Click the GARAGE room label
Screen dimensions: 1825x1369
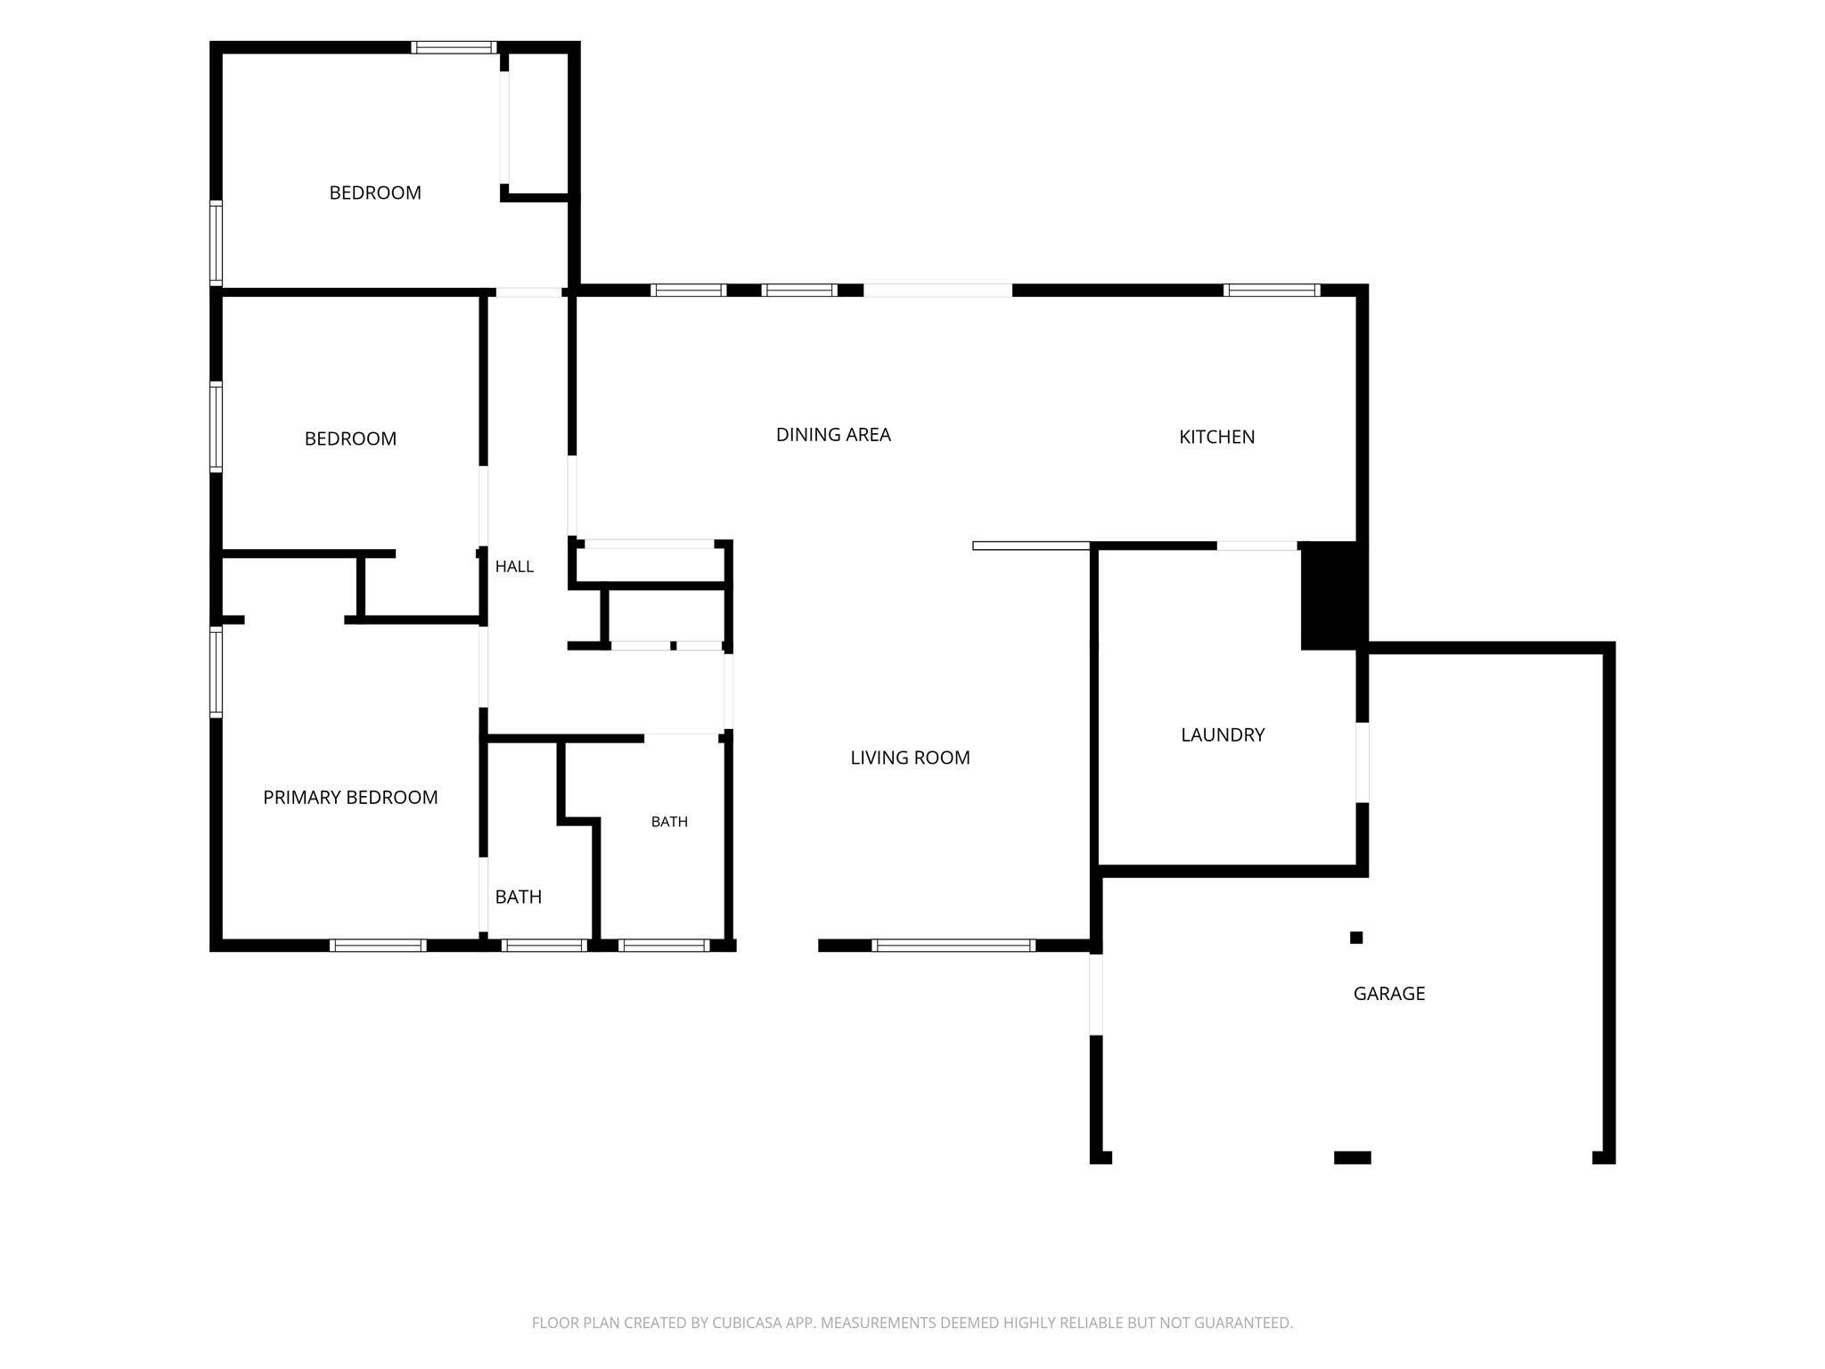click(x=1388, y=994)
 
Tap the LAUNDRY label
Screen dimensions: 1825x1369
click(x=1223, y=735)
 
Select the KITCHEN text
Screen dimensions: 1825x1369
click(x=1216, y=437)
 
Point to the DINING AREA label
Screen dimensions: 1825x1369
click(x=833, y=435)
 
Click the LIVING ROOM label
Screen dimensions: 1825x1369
click(x=910, y=758)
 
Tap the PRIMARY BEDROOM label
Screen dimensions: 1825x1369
click(x=350, y=798)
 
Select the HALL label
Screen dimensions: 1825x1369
click(x=514, y=567)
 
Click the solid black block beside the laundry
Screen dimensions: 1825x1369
click(x=1333, y=595)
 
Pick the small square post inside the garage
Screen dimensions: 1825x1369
click(x=1356, y=938)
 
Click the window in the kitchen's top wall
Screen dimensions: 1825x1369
click(x=1272, y=290)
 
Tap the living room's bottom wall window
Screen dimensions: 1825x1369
click(x=953, y=946)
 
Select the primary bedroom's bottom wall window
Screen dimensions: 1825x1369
click(x=377, y=946)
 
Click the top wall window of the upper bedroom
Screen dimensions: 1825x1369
click(x=454, y=47)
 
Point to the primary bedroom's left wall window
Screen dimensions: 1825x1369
click(x=216, y=672)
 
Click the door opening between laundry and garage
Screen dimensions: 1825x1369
click(x=1362, y=762)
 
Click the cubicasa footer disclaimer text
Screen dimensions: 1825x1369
click(x=912, y=1324)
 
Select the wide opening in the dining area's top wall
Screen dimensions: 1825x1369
click(x=938, y=290)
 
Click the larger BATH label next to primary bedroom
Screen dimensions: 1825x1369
click(x=519, y=898)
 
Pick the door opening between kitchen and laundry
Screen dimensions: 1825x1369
click(x=1256, y=545)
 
